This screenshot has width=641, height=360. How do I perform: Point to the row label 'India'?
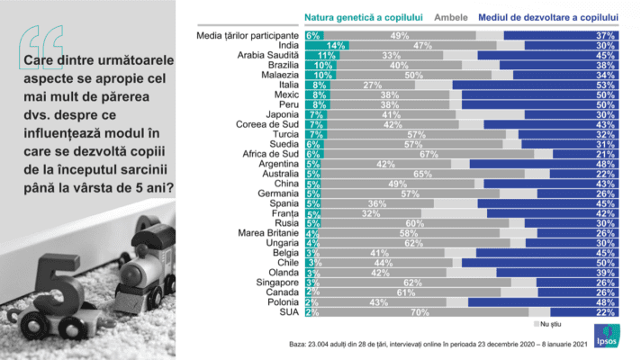287,44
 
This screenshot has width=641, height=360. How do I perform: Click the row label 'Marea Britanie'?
271,232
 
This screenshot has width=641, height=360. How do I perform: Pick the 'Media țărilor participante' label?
249,34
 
